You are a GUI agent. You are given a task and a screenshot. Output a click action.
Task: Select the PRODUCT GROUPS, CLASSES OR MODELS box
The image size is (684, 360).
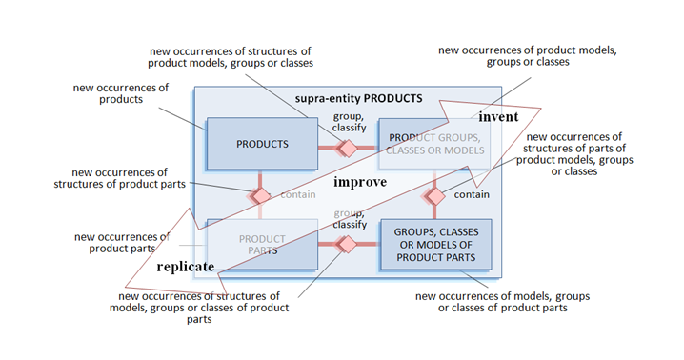pos(434,145)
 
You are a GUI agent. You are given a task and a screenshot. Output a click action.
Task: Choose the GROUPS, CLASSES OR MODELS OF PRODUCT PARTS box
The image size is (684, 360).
pos(435,244)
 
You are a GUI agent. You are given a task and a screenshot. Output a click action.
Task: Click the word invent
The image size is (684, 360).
pos(498,116)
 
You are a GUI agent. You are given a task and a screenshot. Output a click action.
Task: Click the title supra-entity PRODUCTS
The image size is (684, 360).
pos(359,98)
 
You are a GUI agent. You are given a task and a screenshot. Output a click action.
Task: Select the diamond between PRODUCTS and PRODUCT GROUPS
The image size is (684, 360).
pos(348,148)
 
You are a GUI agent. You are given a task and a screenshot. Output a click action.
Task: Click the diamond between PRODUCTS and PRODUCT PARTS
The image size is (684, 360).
pos(259,194)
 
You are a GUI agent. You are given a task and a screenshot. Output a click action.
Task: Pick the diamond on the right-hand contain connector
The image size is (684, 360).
pos(435,195)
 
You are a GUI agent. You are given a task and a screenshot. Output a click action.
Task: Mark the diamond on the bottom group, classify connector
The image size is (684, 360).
pos(347,245)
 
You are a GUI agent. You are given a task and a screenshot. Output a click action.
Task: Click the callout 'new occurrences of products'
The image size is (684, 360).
pos(121,93)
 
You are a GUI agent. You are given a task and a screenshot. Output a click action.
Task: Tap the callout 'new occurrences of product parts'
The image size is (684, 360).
pos(122,243)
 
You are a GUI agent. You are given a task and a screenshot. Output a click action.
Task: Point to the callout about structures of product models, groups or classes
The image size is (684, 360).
pos(231,56)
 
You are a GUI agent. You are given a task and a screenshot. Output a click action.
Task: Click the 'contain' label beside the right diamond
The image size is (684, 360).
pos(473,195)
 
